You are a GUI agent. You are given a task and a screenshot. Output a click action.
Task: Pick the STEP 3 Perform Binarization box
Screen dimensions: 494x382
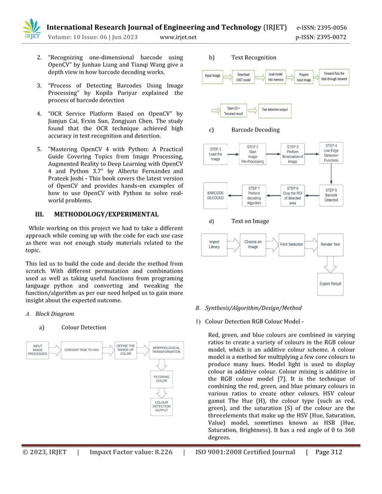point(293,154)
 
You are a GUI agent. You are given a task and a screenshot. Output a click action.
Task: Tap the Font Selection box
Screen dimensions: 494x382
point(292,245)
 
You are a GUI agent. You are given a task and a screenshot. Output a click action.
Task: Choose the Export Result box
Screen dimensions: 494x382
point(331,283)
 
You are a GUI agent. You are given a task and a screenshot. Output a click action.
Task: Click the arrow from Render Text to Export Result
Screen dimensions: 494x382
point(331,264)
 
